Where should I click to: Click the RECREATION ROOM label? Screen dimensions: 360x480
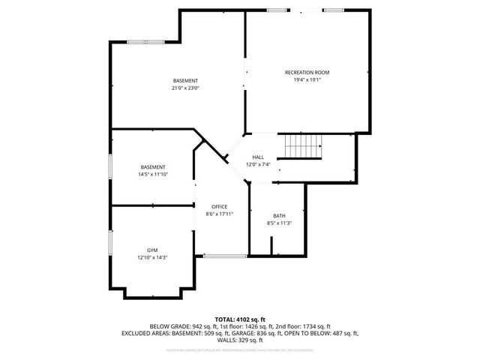click(x=307, y=72)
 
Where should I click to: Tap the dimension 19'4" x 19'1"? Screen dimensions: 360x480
click(x=307, y=79)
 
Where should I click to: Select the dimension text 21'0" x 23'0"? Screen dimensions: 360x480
click(x=185, y=88)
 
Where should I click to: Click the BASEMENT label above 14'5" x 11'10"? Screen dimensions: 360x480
click(x=152, y=166)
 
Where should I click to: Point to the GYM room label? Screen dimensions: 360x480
click(x=152, y=250)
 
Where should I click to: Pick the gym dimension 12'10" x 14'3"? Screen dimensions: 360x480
click(x=152, y=257)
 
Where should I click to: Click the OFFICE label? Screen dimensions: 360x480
click(x=220, y=206)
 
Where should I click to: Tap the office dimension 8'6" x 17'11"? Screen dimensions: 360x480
click(x=220, y=214)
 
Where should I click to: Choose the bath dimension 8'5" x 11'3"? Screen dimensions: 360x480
click(x=279, y=223)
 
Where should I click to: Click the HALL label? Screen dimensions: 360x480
click(x=258, y=157)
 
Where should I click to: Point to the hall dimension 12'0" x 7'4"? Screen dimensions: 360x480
click(x=258, y=164)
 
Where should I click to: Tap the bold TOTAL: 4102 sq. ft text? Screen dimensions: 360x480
click(x=239, y=319)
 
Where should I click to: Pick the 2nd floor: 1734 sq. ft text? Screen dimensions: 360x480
click(x=304, y=326)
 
